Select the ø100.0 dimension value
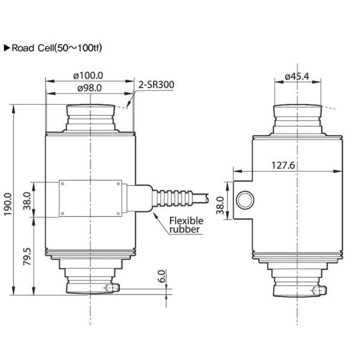pos(88,75)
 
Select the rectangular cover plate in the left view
pos(91,199)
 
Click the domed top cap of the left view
pos(89,111)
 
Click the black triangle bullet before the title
pos(7,47)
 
